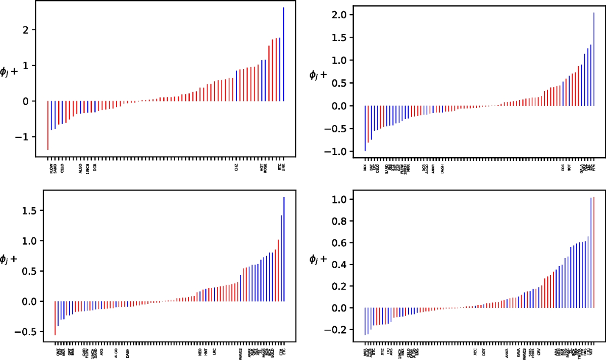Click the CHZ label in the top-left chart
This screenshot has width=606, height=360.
[236, 167]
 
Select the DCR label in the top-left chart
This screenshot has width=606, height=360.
[94, 167]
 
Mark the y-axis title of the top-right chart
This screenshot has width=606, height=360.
[318, 75]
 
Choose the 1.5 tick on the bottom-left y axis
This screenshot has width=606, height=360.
[31, 211]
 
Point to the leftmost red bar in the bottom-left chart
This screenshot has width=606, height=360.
[55, 318]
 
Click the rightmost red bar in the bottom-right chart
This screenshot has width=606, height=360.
[594, 252]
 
